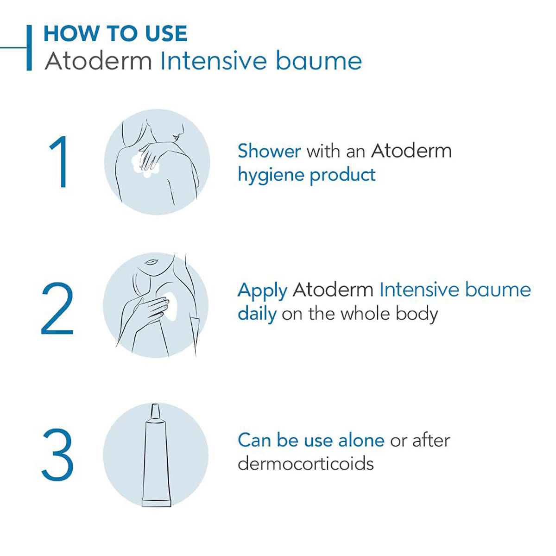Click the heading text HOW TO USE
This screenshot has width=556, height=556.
pyautogui.click(x=115, y=34)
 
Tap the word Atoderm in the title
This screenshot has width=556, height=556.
pyautogui.click(x=98, y=61)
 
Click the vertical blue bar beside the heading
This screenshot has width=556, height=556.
pyautogui.click(x=29, y=48)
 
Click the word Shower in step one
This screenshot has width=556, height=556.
pyautogui.click(x=269, y=151)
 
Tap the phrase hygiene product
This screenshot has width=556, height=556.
pyautogui.click(x=306, y=175)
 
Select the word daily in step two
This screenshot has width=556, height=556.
pyautogui.click(x=257, y=314)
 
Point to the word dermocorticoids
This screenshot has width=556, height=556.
pyautogui.click(x=305, y=463)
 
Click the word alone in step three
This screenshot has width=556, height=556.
pyautogui.click(x=361, y=440)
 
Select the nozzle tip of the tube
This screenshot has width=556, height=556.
pyautogui.click(x=155, y=410)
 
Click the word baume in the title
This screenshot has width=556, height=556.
pyautogui.click(x=318, y=61)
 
